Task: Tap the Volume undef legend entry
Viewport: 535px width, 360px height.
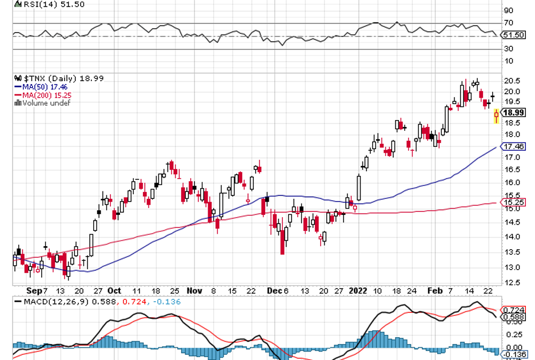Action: (42, 103)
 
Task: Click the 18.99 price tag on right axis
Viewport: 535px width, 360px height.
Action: (514, 113)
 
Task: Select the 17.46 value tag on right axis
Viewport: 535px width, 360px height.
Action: (514, 146)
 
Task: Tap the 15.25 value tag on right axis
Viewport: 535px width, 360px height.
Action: (514, 202)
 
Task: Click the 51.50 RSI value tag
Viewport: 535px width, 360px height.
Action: (514, 35)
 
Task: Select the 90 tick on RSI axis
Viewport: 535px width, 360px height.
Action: (508, 10)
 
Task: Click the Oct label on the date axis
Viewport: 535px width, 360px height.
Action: (114, 290)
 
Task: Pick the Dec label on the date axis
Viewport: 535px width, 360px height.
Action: (273, 290)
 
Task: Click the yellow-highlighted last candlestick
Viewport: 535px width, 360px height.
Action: (496, 116)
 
